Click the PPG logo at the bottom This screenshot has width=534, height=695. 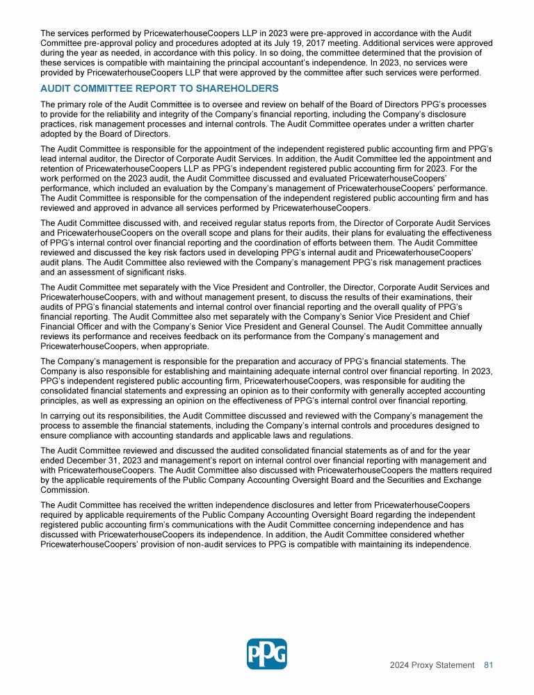[267, 654]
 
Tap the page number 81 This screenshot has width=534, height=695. [488, 665]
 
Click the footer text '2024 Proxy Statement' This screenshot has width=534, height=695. [432, 665]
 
